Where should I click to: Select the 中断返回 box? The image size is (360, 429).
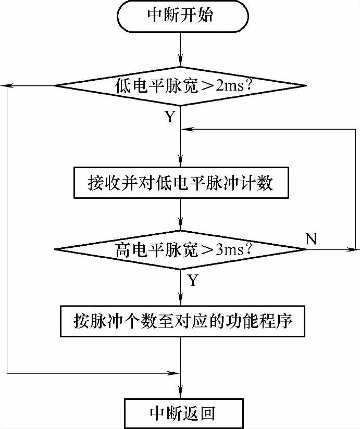(180, 413)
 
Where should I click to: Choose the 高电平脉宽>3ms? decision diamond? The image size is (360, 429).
(180, 250)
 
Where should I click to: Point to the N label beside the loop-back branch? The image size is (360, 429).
(311, 239)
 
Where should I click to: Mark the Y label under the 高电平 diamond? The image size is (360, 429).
(192, 281)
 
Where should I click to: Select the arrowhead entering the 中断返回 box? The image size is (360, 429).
(180, 395)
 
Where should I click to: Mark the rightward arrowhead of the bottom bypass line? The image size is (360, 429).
(175, 372)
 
